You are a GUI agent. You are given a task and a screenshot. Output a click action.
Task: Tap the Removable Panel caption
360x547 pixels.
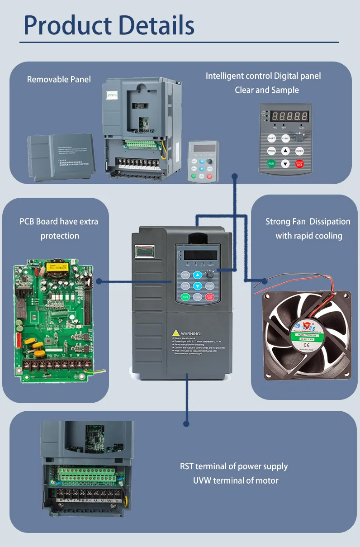(59, 79)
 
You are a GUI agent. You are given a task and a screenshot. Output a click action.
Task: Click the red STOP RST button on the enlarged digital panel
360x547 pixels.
(299, 164)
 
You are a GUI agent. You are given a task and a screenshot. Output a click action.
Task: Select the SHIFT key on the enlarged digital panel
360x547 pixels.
(271, 138)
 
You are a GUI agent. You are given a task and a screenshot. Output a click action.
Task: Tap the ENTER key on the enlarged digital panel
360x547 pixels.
(299, 151)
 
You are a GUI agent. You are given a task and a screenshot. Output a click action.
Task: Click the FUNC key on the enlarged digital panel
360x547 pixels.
(285, 138)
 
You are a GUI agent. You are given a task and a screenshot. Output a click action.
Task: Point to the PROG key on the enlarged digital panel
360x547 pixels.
(271, 151)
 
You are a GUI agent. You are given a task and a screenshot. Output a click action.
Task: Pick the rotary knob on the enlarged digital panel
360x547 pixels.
(299, 137)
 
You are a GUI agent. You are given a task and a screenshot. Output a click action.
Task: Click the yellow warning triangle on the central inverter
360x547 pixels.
(175, 333)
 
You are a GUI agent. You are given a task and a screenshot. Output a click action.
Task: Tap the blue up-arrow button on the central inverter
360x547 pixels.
(197, 275)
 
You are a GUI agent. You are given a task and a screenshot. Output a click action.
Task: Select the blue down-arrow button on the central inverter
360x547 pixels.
(197, 286)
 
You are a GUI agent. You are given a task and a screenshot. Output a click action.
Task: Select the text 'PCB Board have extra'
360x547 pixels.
(59, 222)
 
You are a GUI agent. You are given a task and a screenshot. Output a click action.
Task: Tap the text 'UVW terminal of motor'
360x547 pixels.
(236, 480)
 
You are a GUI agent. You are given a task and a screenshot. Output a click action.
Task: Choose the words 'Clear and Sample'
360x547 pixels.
(267, 90)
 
